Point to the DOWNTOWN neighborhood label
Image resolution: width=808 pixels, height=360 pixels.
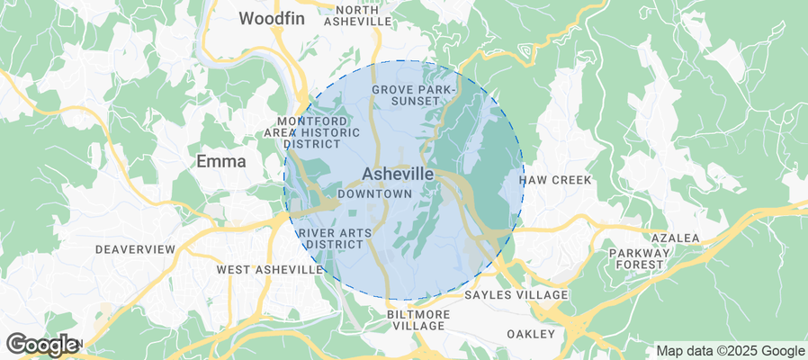(375, 193)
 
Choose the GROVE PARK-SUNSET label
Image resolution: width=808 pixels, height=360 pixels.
(415, 94)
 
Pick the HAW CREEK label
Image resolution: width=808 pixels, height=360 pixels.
(555, 180)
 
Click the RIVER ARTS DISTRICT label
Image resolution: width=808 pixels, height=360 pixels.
(334, 238)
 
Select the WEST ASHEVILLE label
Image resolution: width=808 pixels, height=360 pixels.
(269, 269)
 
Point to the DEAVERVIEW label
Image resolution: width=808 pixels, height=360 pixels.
(135, 248)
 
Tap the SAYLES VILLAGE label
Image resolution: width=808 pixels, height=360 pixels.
(516, 295)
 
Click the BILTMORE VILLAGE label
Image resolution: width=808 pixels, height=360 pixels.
(417, 319)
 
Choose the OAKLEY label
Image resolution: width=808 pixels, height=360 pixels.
(530, 334)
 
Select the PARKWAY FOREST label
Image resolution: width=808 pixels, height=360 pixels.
(640, 260)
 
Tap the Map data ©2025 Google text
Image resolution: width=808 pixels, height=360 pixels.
(730, 351)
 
